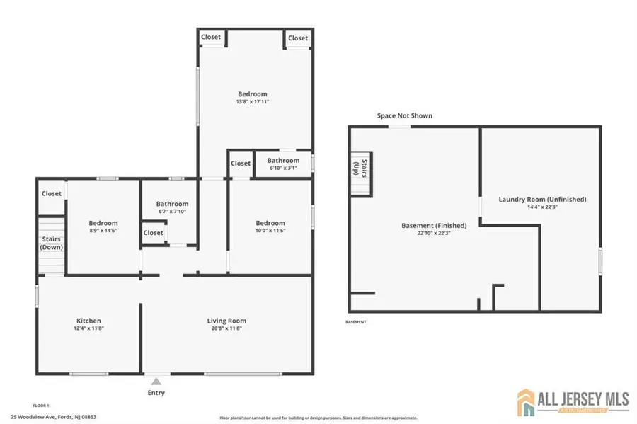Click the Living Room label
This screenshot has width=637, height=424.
226,321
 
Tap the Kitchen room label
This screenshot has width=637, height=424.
88,321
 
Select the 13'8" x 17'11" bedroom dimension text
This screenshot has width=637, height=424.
253,102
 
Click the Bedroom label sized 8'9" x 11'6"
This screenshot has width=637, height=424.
103,223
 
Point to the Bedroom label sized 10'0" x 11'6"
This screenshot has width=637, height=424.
270,223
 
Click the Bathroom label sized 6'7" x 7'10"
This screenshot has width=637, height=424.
172,204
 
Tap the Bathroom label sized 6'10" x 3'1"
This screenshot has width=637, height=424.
283,161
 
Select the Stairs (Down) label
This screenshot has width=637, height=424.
51,243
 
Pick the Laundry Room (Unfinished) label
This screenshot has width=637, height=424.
542,200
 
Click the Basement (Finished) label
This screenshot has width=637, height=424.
434,226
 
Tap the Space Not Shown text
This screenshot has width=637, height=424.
404,115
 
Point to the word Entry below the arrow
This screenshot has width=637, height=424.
156,392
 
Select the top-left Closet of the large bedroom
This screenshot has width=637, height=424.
210,37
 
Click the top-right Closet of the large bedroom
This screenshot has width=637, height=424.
298,38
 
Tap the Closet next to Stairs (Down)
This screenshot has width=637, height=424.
51,193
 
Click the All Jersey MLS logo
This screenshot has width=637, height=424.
573,401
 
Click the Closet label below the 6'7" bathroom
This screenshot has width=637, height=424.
154,232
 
